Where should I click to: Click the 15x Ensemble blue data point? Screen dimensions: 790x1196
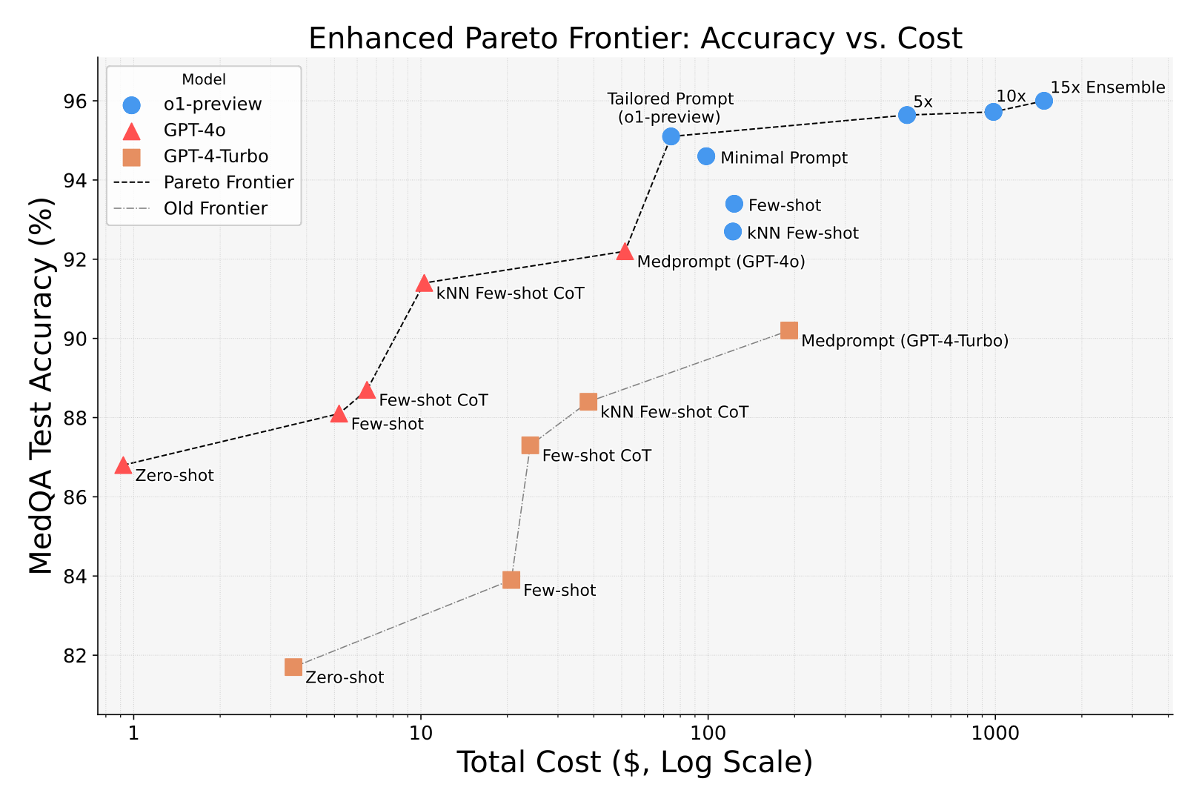pos(1043,101)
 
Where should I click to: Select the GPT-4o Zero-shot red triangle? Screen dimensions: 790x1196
pos(123,465)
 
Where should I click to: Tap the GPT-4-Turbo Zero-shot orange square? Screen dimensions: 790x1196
pos(293,667)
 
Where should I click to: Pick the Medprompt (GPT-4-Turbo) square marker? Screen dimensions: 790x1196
pos(789,331)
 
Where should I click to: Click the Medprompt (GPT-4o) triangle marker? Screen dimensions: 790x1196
pos(625,252)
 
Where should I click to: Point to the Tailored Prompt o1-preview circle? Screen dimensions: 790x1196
pos(671,136)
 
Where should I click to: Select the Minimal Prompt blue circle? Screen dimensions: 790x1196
pos(706,156)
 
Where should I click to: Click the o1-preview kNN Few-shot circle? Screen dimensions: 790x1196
pos(732,231)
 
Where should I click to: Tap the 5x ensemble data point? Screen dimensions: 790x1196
pos(906,115)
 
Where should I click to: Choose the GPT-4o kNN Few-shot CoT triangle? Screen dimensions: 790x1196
pos(424,284)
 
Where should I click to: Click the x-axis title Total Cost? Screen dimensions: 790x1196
pos(634,763)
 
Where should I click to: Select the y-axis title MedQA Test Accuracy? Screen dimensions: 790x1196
pos(42,385)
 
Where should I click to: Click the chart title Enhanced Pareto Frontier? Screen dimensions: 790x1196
pos(635,39)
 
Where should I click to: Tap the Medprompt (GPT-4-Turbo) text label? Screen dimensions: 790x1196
pos(905,341)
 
